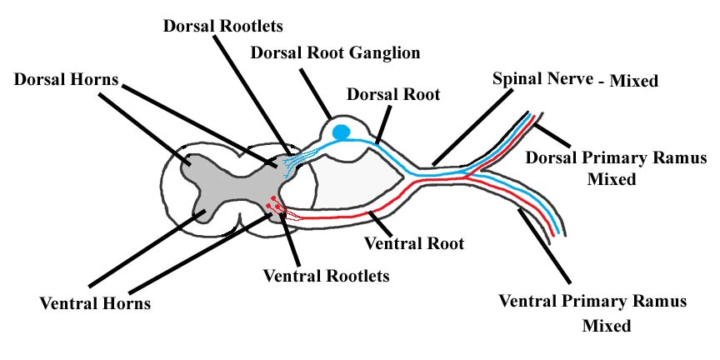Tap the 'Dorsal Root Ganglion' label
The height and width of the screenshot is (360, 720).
point(336,53)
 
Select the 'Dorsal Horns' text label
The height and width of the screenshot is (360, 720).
point(67,81)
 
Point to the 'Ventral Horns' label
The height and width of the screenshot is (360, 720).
point(95,303)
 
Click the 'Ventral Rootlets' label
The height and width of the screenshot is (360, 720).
point(326,273)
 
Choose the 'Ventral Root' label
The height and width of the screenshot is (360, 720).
point(414,244)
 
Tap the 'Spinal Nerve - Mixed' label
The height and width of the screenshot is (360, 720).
point(575,81)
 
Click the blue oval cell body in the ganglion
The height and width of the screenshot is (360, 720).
point(341,132)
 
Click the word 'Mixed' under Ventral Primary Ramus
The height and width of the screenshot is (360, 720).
point(607,325)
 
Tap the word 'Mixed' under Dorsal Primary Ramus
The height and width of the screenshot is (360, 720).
point(618,178)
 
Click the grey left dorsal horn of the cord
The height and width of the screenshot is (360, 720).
point(197,166)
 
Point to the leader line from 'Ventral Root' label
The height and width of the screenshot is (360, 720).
point(382,225)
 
